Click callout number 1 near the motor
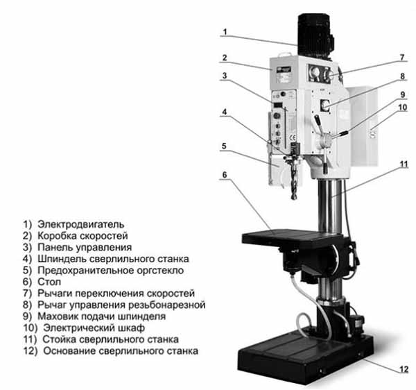pyautogui.click(x=225, y=32)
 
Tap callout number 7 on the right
pyautogui.click(x=402, y=57)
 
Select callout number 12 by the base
pyautogui.click(x=404, y=370)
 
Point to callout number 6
pyautogui.click(x=225, y=175)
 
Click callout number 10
pyautogui.click(x=402, y=108)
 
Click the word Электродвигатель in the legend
pyautogui.click(x=80, y=224)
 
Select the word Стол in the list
pyautogui.click(x=49, y=282)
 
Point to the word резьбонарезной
pyautogui.click(x=167, y=305)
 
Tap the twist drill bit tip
pyautogui.click(x=294, y=198)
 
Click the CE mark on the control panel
pyautogui.click(x=293, y=137)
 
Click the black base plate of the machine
pyautogui.click(x=305, y=356)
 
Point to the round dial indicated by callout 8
pyautogui.click(x=325, y=105)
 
